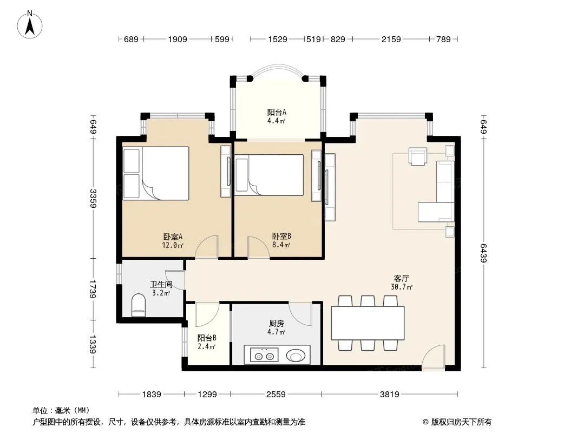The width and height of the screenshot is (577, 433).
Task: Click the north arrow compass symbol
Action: (30, 25)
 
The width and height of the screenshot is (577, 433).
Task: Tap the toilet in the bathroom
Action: (139, 305)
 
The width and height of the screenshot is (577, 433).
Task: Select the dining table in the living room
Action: (368, 323)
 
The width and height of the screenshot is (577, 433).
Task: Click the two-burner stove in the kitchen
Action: (264, 356)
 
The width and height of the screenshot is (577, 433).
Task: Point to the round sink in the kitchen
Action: (296, 356)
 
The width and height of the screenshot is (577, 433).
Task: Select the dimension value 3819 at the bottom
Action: (389, 395)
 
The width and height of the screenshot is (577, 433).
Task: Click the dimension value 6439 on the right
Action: (483, 253)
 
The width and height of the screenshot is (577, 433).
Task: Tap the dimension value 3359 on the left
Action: (93, 198)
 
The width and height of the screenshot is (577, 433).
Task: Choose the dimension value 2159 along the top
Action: (391, 39)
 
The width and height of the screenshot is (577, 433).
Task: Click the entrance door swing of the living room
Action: (433, 356)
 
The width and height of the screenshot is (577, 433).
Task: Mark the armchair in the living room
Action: (418, 156)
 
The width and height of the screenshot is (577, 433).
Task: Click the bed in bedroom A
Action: (156, 173)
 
